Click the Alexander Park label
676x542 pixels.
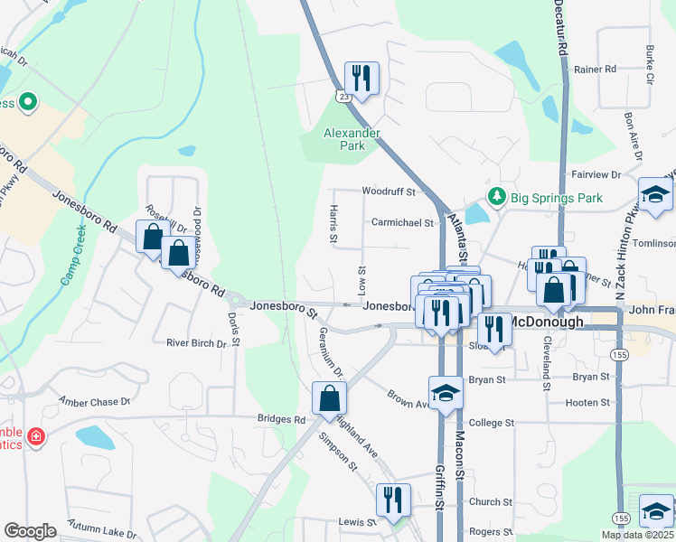pos(352,139)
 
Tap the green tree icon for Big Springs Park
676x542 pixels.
pos(495,196)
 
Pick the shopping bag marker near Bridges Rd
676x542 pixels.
pos(330,398)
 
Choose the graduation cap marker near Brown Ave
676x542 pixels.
pos(446,393)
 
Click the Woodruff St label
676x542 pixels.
pos(389,192)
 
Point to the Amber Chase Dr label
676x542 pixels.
pos(94,401)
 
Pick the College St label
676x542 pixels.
pos(491,423)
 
